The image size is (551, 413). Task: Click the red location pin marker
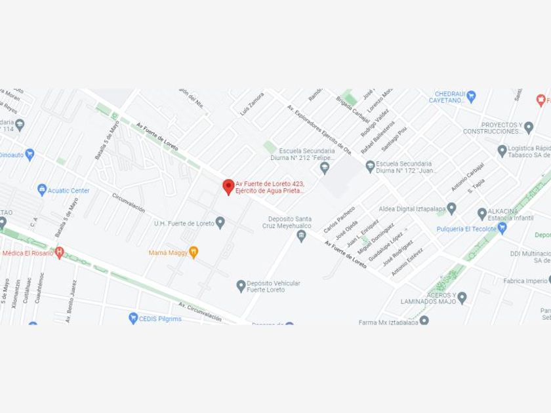click(228, 187)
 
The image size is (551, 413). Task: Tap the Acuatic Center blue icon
click(43, 189)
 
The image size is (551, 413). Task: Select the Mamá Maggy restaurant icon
click(194, 252)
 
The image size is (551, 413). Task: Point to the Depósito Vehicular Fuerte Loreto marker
click(241, 286)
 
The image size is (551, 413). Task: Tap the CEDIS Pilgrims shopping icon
click(133, 318)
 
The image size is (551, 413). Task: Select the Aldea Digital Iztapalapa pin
click(451, 209)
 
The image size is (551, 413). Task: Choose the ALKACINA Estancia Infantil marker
click(482, 214)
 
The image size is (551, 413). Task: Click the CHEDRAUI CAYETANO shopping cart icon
click(471, 97)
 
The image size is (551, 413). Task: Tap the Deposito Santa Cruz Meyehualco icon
click(302, 236)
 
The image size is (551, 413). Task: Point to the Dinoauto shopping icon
click(29, 155)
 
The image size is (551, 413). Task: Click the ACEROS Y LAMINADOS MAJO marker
click(462, 298)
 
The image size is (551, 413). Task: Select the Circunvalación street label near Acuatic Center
click(128, 203)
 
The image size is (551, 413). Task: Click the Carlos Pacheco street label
click(339, 220)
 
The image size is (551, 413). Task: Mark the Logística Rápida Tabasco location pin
click(502, 151)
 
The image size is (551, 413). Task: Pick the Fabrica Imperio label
click(524, 281)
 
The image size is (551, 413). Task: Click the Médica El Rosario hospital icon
click(60, 252)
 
